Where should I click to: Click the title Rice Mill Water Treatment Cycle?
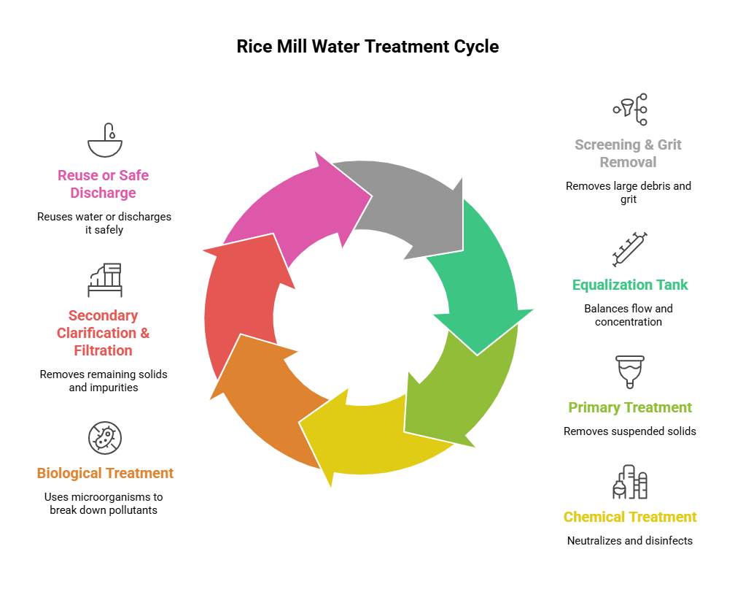(x=367, y=47)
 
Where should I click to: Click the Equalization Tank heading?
(x=630, y=285)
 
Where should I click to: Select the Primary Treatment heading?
(x=630, y=407)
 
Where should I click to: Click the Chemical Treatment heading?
(x=630, y=517)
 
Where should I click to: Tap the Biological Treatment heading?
(x=105, y=473)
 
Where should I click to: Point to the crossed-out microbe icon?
(x=105, y=438)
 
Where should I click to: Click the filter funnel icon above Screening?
(x=630, y=109)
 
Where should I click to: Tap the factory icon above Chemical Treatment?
(x=630, y=482)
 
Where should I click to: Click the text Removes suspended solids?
(x=630, y=431)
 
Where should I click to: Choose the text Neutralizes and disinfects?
(x=630, y=541)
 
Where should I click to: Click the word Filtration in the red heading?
(x=104, y=350)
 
